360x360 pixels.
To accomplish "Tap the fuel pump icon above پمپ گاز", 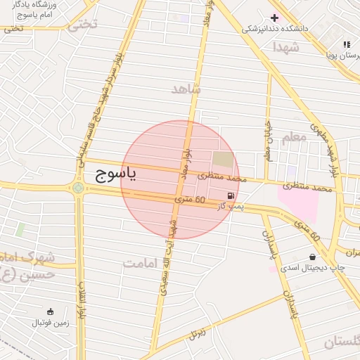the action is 231,195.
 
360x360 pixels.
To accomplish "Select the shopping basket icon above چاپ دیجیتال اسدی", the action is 311,257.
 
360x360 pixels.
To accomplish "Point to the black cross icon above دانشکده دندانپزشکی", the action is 274,18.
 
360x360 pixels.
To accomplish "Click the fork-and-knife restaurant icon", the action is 346,44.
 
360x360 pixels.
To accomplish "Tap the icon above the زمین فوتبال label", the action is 50,311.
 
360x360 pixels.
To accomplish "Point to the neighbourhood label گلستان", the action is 342,342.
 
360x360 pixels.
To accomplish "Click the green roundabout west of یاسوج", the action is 77,188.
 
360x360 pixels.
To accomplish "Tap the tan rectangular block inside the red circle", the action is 223,160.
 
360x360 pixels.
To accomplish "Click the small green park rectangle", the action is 20,229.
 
